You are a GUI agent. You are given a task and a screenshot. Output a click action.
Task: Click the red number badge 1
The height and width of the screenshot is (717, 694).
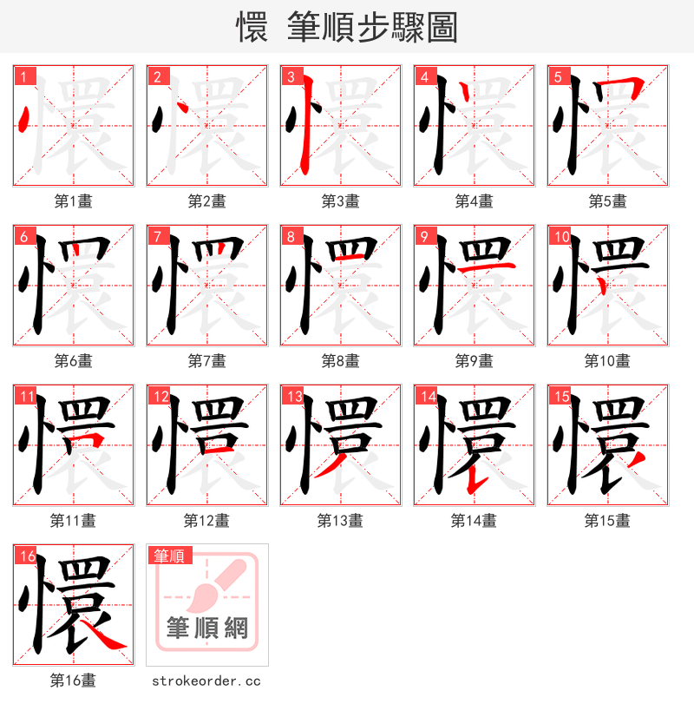click(23, 76)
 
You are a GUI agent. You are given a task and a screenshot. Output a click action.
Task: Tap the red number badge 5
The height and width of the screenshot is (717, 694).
click(558, 76)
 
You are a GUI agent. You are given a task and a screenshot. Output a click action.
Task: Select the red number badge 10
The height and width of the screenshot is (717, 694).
click(560, 236)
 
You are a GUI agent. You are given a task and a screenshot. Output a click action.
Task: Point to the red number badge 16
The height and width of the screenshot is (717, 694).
click(26, 556)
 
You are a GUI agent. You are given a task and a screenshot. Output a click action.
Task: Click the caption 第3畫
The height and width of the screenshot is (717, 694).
click(340, 201)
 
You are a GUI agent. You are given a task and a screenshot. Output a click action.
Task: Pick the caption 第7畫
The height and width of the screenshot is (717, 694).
click(206, 361)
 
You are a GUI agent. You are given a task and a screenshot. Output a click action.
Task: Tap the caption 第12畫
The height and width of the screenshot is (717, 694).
click(206, 521)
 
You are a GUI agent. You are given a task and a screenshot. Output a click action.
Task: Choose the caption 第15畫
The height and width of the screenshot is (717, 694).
click(607, 521)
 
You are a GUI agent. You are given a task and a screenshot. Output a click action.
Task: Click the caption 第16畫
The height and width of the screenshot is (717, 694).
click(73, 681)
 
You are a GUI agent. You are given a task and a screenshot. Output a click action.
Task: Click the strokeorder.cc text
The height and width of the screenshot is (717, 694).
click(206, 681)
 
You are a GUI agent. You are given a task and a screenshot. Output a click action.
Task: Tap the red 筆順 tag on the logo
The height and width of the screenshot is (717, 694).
click(170, 556)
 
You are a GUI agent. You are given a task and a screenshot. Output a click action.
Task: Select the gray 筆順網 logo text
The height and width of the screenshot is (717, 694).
click(207, 628)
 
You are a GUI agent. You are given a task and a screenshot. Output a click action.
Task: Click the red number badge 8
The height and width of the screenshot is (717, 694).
click(291, 236)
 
